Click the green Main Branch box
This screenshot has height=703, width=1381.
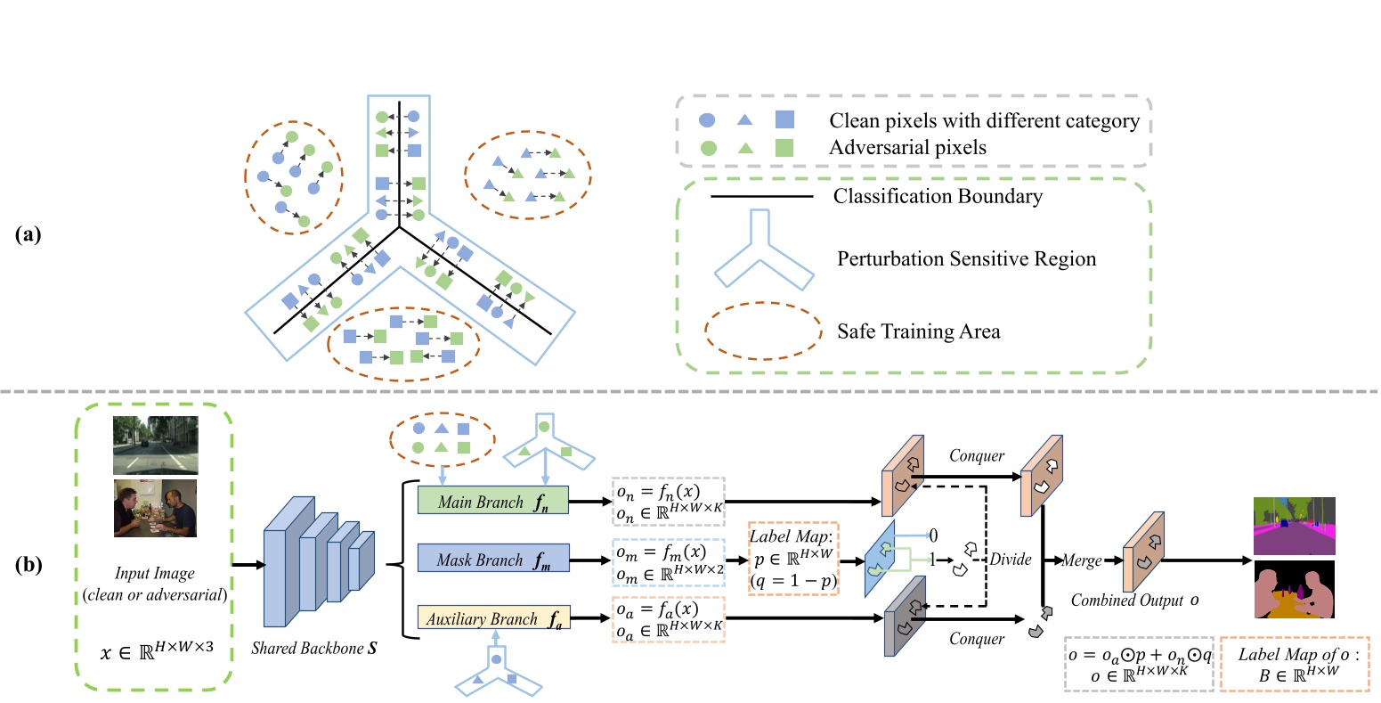[493, 500]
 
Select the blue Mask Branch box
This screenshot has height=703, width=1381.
[493, 558]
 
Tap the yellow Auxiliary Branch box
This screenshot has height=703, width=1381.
[494, 617]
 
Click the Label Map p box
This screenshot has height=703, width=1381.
[793, 559]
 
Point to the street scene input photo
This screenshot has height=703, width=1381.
[155, 445]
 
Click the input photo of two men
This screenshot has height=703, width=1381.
[155, 508]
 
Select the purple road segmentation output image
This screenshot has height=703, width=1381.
[1295, 526]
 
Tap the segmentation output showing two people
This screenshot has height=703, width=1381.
[1295, 590]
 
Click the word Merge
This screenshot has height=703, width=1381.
[1082, 560]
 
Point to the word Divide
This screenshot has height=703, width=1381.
[1011, 560]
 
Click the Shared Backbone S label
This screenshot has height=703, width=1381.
[313, 648]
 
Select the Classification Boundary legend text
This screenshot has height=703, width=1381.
[938, 196]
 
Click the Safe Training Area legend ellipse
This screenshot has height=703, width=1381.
[763, 331]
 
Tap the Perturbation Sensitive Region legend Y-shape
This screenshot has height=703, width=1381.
[764, 249]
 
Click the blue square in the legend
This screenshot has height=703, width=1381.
[784, 119]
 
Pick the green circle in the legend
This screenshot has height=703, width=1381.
[709, 148]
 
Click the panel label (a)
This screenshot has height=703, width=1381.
[28, 234]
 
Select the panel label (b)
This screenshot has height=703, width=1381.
[28, 565]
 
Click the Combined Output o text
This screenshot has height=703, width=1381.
[1134, 600]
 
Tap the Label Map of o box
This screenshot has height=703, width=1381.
[1295, 664]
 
